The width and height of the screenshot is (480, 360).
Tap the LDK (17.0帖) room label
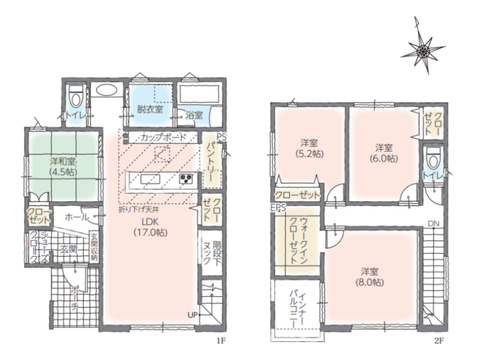[151, 227]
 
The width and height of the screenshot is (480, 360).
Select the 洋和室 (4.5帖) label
[64, 166]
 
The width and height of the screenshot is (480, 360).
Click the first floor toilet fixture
[76, 95]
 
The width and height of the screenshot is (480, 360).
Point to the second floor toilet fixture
[433, 158]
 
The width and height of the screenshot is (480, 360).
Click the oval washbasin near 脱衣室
[106, 91]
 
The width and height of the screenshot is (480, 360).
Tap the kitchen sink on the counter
[151, 179]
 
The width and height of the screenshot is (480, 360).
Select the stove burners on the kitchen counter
[186, 179]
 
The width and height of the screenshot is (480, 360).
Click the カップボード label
[163, 137]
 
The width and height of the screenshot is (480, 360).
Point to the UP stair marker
[192, 314]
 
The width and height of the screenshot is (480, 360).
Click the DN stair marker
[433, 224]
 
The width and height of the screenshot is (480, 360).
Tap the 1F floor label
[221, 340]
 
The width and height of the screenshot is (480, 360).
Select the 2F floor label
[439, 340]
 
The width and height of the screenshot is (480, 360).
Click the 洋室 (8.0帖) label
[370, 277]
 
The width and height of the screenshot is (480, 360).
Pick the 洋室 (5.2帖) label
[309, 148]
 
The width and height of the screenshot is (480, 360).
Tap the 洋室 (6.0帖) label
[384, 153]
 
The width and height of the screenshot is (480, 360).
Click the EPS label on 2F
[278, 208]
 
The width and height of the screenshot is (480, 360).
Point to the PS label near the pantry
[221, 137]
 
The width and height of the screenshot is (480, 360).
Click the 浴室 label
[194, 115]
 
